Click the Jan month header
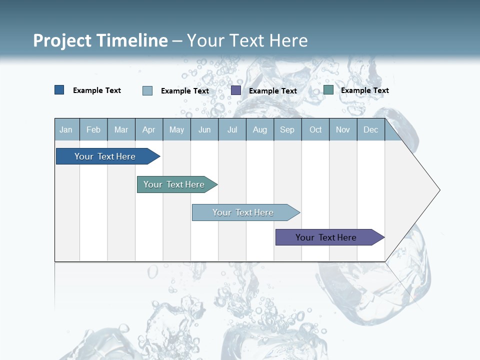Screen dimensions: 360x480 coord(66,129)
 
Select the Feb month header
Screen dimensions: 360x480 coord(93,129)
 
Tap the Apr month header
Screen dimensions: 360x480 coord(149,129)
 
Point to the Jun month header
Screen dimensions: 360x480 coord(204,129)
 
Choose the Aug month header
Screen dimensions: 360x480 coord(260,129)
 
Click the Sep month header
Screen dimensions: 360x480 coord(287,129)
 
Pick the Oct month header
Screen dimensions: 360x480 coord(315,129)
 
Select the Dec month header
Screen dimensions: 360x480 coord(371,129)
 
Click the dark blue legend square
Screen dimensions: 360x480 coord(59,90)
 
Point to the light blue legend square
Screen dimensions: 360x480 coord(147,90)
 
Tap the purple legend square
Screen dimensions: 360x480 coord(236,90)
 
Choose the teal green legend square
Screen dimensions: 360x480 coord(328,90)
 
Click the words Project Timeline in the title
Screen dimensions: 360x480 coord(100,40)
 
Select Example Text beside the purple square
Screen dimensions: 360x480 coord(273,91)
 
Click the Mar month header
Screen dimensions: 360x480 coord(121,129)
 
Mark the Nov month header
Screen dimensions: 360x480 coord(343,129)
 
